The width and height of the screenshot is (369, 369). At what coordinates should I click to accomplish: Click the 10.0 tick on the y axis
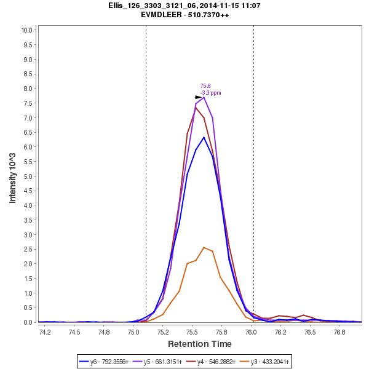[x=26, y=30]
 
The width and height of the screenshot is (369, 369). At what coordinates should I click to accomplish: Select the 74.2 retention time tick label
[x=45, y=332]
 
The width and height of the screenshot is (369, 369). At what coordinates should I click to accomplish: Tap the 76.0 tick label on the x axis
[x=252, y=332]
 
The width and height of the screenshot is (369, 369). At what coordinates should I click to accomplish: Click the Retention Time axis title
[x=200, y=344]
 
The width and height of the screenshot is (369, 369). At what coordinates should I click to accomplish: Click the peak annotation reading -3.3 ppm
[x=211, y=93]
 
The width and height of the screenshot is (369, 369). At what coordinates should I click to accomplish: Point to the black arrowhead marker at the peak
[x=198, y=97]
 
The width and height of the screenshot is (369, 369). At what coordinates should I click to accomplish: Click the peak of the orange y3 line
[x=204, y=247]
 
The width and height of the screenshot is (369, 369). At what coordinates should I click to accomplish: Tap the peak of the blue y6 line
[x=204, y=137]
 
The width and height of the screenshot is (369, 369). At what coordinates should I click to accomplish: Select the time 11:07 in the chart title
[x=252, y=6]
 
